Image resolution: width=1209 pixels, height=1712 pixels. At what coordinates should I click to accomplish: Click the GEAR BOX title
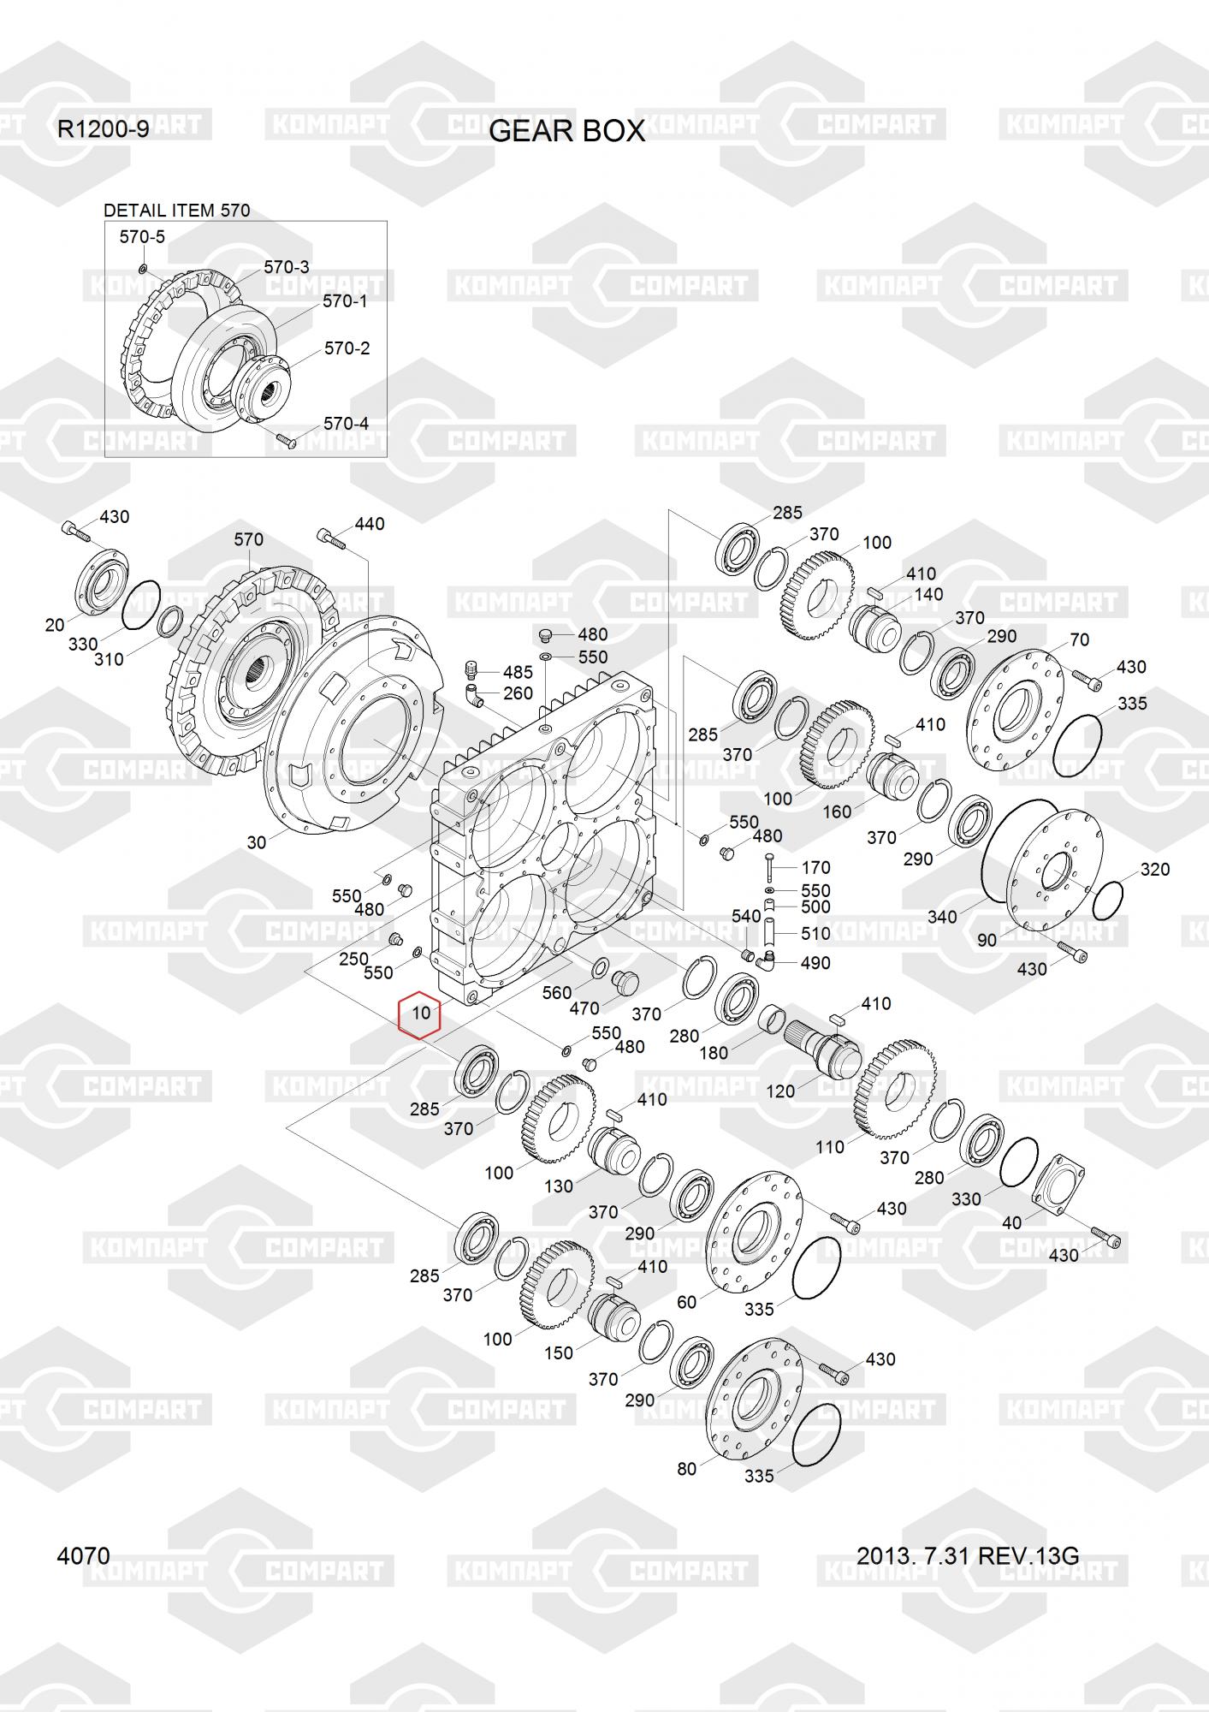coord(566,131)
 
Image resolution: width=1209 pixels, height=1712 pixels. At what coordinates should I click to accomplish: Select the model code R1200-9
coord(103,129)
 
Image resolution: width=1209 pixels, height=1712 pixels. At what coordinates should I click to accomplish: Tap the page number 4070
coord(83,1555)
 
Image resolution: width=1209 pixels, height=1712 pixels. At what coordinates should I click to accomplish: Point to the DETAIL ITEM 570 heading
coord(176,211)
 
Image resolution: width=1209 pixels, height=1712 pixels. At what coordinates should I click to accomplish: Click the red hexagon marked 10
coord(421,1014)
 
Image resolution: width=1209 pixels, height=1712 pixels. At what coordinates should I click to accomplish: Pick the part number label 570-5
coord(142,237)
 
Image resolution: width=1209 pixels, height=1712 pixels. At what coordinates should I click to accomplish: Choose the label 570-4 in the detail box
coord(347,424)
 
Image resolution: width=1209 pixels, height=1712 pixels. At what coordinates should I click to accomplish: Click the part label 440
coord(369,523)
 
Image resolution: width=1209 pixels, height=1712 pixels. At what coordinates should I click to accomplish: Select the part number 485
coord(518,672)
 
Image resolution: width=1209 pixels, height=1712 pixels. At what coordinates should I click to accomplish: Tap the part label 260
coord(518,693)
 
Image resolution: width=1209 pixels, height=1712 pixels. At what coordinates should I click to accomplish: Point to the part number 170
coord(815,868)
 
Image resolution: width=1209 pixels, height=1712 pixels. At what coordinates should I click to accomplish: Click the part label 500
coord(815,907)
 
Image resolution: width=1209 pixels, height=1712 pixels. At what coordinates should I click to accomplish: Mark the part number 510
coord(815,933)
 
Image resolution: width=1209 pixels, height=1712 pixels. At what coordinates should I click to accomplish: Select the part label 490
coord(815,963)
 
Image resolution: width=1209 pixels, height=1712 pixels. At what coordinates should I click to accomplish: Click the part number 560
coord(556,992)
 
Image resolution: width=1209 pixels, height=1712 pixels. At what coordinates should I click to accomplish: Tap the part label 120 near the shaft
coord(780,1091)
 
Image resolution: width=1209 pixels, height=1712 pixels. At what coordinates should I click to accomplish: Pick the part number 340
coord(942,917)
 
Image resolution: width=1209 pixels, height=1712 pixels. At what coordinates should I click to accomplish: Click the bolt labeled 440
coord(331,538)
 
